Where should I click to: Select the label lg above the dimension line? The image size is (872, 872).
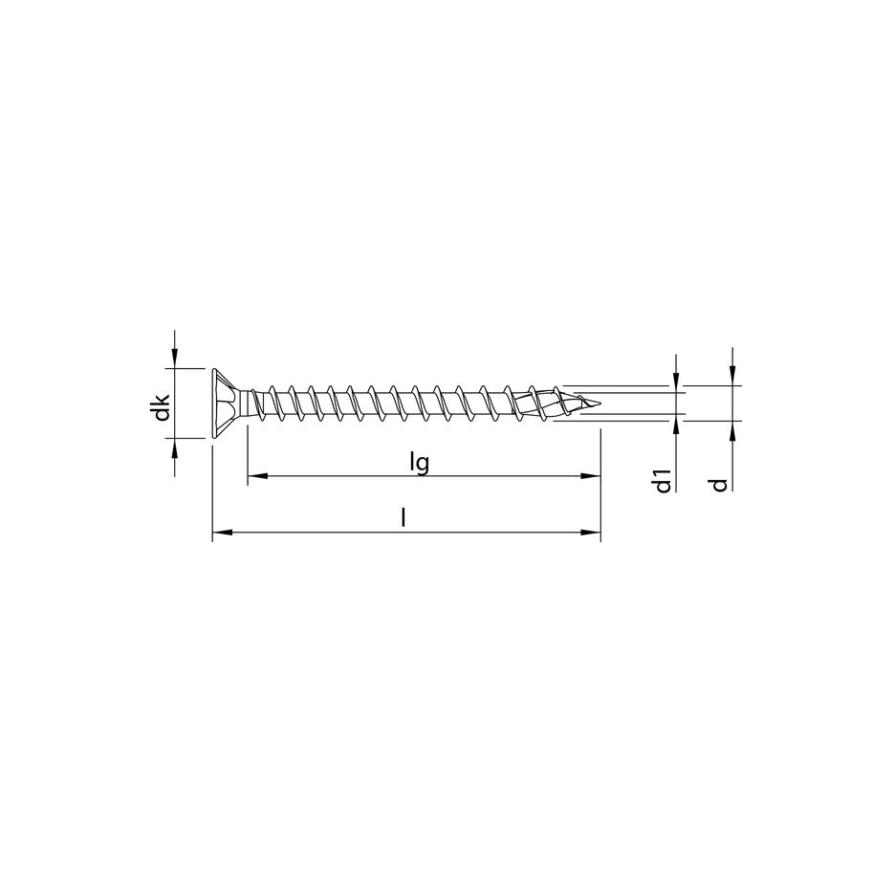(x=417, y=462)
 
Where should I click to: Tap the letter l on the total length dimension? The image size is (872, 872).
(x=404, y=517)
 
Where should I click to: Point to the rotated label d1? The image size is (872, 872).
(x=661, y=481)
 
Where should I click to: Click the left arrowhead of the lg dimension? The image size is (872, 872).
(x=254, y=475)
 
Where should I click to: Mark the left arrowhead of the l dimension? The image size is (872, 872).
(x=219, y=531)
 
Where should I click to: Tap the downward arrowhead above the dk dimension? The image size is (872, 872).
(x=174, y=361)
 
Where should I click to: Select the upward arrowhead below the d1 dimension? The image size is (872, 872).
(x=676, y=422)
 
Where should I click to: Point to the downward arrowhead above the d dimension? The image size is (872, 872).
(x=731, y=379)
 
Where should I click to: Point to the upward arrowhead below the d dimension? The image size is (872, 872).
(x=731, y=428)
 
